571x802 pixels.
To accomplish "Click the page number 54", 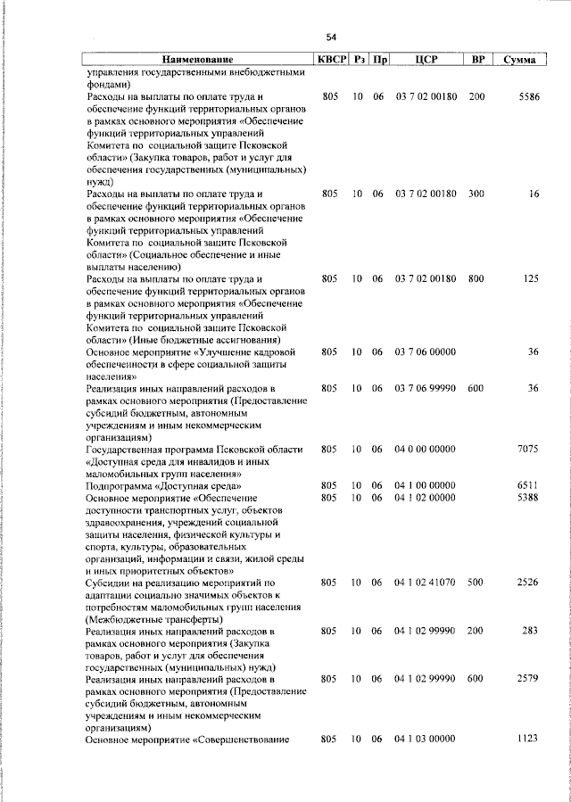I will tap(331, 37).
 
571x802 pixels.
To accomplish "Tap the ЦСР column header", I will tap(426, 60).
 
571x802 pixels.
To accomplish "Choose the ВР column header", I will tap(477, 60).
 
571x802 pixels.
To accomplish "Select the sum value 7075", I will tap(528, 449).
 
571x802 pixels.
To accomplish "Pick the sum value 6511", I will tap(528, 484).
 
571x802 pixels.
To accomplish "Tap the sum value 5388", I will tap(528, 497).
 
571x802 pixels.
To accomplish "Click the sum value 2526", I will tap(528, 582).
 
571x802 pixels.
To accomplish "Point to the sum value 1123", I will tap(528, 740).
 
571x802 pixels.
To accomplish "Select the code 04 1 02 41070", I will tap(426, 582).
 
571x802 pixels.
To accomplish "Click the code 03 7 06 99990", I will tap(426, 388).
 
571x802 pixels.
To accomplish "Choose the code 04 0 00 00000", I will tap(426, 449).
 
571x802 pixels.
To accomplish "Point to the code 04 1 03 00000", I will tap(426, 740).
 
